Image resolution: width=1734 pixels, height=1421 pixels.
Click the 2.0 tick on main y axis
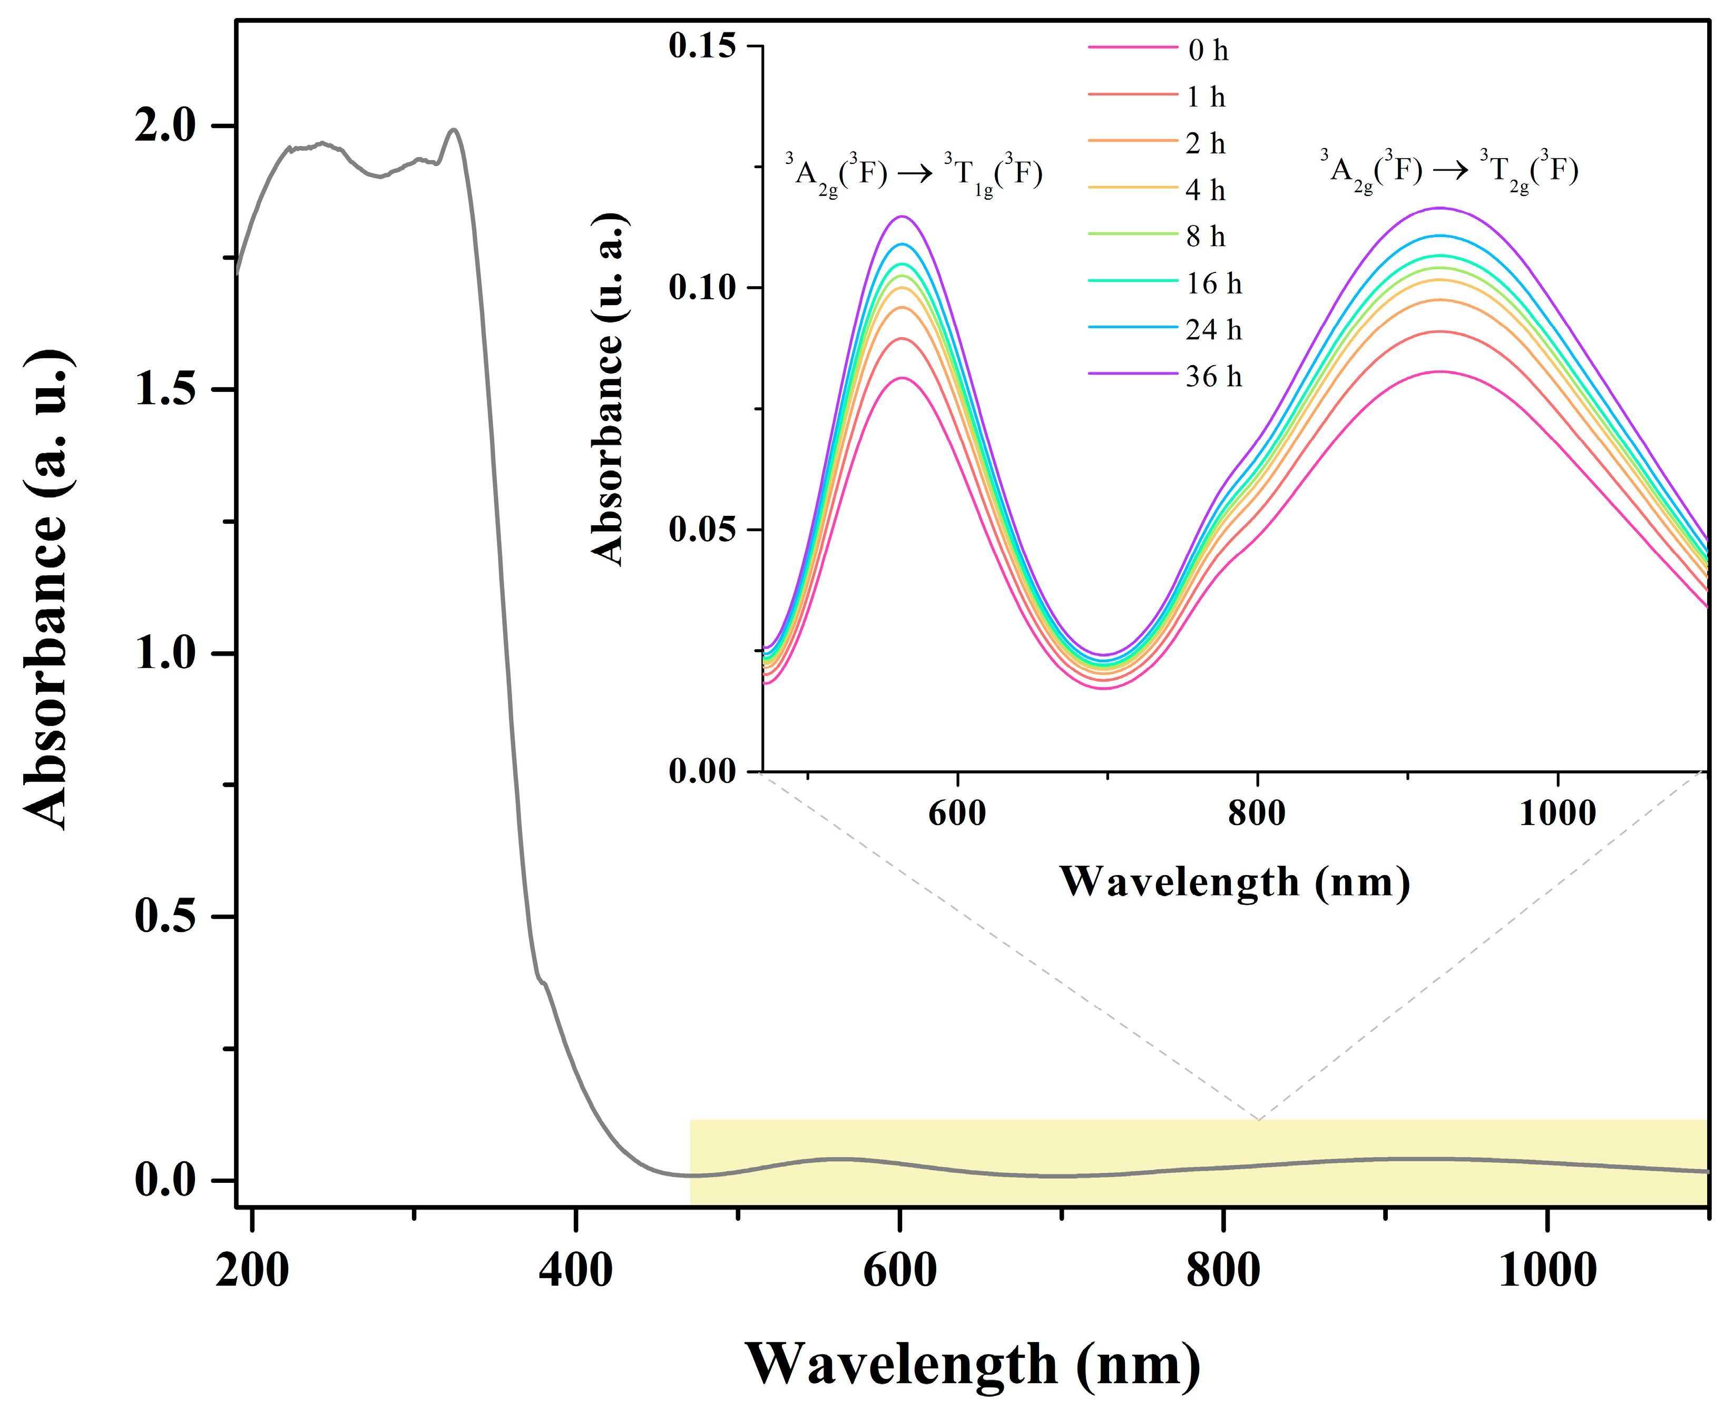[165, 125]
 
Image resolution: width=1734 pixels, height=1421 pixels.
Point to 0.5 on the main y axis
[165, 915]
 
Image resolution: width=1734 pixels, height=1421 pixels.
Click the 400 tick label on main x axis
[575, 1270]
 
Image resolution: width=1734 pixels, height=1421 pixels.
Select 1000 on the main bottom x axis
[1546, 1270]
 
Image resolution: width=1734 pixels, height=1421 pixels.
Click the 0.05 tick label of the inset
[702, 529]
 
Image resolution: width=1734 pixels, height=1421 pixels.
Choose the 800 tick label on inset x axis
[1256, 813]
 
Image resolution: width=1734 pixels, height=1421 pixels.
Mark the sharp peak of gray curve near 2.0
[453, 129]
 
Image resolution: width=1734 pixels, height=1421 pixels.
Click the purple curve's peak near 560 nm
[902, 217]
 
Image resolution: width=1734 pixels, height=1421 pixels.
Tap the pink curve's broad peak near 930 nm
[1438, 371]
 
